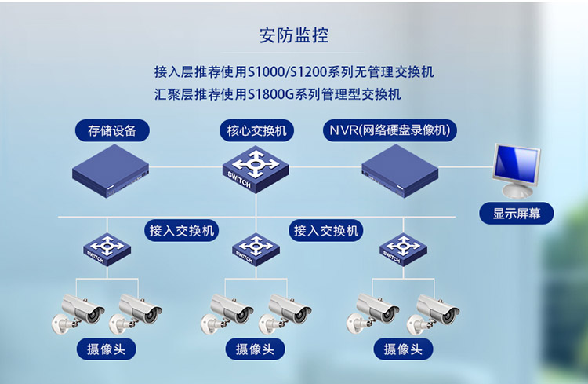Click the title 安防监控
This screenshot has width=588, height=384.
(294, 35)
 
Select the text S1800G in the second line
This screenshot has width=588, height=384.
(274, 94)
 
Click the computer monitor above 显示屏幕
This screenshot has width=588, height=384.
(515, 170)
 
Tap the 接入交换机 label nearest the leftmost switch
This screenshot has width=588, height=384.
(182, 230)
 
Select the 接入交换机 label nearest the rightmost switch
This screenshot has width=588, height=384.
(326, 230)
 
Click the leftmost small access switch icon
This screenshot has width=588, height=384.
(107, 249)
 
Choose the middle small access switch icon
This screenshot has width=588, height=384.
(256, 249)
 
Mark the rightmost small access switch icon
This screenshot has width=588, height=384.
(403, 249)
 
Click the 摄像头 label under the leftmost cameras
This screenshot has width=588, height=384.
(106, 349)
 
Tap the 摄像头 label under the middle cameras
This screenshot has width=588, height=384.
(255, 349)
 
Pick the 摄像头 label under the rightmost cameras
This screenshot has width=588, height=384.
(403, 349)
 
